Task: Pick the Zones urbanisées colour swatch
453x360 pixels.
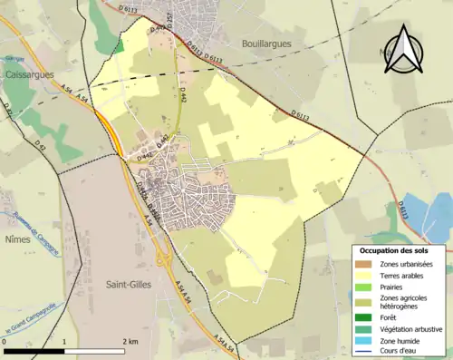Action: coord(362,264)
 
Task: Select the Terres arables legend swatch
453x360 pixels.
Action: coord(362,276)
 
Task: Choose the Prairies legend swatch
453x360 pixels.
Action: coord(362,287)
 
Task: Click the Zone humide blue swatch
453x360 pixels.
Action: coord(362,341)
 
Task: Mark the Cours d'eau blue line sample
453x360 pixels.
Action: coord(362,352)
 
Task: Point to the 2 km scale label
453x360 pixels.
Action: coord(130,342)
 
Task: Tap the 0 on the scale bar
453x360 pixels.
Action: coord(5,342)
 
